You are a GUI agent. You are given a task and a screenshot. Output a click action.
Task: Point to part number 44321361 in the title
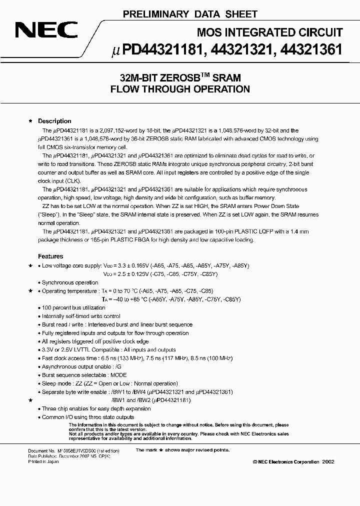[x=313, y=49]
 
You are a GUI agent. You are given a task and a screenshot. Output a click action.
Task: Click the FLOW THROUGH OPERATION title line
[x=180, y=90]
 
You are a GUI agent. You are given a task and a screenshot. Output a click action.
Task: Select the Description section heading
[x=54, y=121]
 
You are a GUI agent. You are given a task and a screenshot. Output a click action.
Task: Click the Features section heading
[x=50, y=256]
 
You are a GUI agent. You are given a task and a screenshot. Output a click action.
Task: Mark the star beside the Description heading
[x=31, y=121]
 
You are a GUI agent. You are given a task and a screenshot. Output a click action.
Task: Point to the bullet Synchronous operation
[x=70, y=282]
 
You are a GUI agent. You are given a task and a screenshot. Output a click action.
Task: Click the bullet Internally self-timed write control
[x=81, y=316]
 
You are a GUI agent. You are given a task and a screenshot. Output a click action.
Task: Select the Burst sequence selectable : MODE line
[x=84, y=375]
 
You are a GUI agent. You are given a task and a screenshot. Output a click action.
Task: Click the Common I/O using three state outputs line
[x=88, y=417]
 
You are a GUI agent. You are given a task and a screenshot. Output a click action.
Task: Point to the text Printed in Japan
[x=43, y=461]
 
